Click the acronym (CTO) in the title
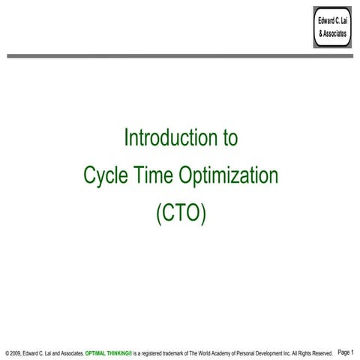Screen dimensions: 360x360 pyautogui.click(x=180, y=214)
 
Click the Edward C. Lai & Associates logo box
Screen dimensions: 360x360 pyautogui.click(x=332, y=25)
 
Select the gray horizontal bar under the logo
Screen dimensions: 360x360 pyautogui.click(x=180, y=55)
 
